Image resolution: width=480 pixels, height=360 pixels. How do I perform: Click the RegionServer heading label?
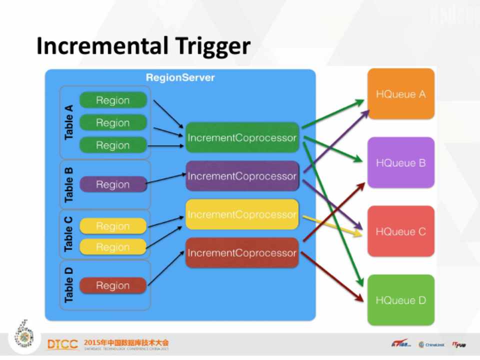pyautogui.click(x=180, y=77)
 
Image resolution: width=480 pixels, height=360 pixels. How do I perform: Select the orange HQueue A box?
pyautogui.click(x=401, y=94)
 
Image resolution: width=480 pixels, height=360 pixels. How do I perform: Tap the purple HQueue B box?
pyautogui.click(x=401, y=162)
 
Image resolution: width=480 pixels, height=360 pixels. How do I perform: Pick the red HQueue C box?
pyautogui.click(x=401, y=231)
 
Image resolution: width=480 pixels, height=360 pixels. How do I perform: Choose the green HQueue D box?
pyautogui.click(x=401, y=300)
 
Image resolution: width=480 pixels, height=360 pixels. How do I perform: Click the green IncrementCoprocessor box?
pyautogui.click(x=242, y=137)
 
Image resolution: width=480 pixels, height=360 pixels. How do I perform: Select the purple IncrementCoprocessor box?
pyautogui.click(x=242, y=176)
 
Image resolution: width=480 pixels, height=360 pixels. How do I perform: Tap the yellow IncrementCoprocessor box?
pyautogui.click(x=242, y=214)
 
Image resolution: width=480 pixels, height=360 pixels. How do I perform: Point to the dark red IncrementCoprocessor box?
pyautogui.click(x=242, y=253)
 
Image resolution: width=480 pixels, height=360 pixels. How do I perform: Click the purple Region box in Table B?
pyautogui.click(x=113, y=184)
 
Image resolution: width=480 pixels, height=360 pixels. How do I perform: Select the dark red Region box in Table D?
pyautogui.click(x=113, y=285)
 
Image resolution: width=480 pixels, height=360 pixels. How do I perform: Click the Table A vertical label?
pyautogui.click(x=69, y=122)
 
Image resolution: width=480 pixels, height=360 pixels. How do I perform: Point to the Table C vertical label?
pyautogui.click(x=69, y=234)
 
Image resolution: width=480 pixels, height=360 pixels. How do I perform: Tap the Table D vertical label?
pyautogui.click(x=69, y=285)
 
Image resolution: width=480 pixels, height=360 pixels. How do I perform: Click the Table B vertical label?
pyautogui.click(x=69, y=184)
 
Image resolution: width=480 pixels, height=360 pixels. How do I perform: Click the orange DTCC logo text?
pyautogui.click(x=62, y=344)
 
